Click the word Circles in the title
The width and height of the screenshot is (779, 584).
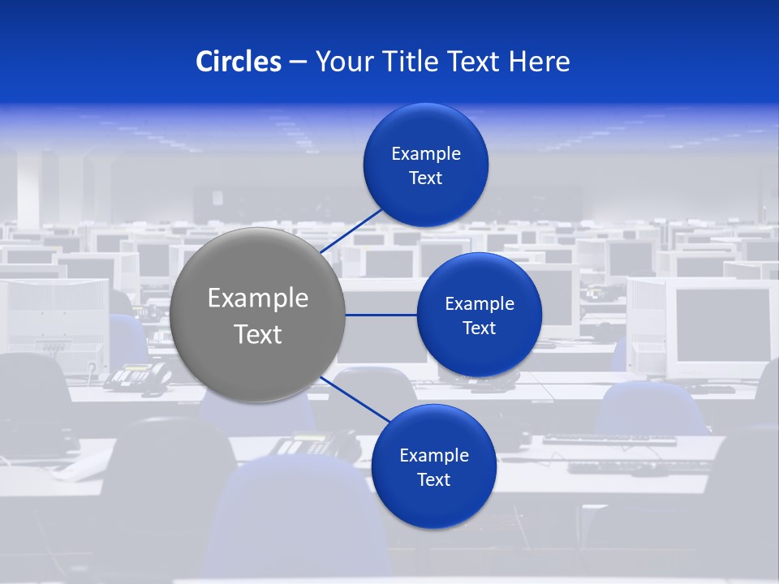[x=239, y=62]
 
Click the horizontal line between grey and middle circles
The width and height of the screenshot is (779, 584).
[x=381, y=315]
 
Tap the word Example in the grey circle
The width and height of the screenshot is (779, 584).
[x=258, y=298]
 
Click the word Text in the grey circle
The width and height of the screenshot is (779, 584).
[x=258, y=334]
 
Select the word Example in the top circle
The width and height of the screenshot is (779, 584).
[x=426, y=153]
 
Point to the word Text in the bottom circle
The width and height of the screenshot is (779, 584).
[x=433, y=479]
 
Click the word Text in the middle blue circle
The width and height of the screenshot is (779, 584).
[x=479, y=328]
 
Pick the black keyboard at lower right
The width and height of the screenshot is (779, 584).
[x=609, y=440]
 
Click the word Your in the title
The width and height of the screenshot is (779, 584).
[x=341, y=62]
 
